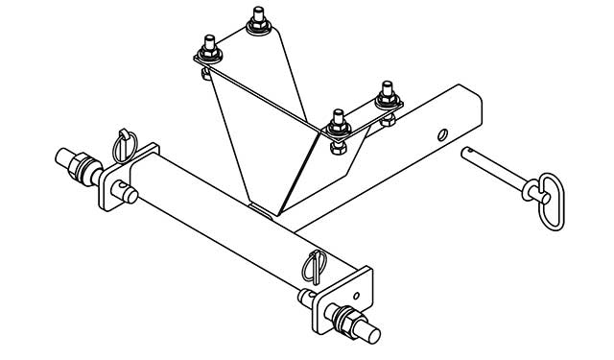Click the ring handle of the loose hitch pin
[550, 203]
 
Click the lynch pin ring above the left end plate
[127, 143]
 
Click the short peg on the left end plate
[129, 198]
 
